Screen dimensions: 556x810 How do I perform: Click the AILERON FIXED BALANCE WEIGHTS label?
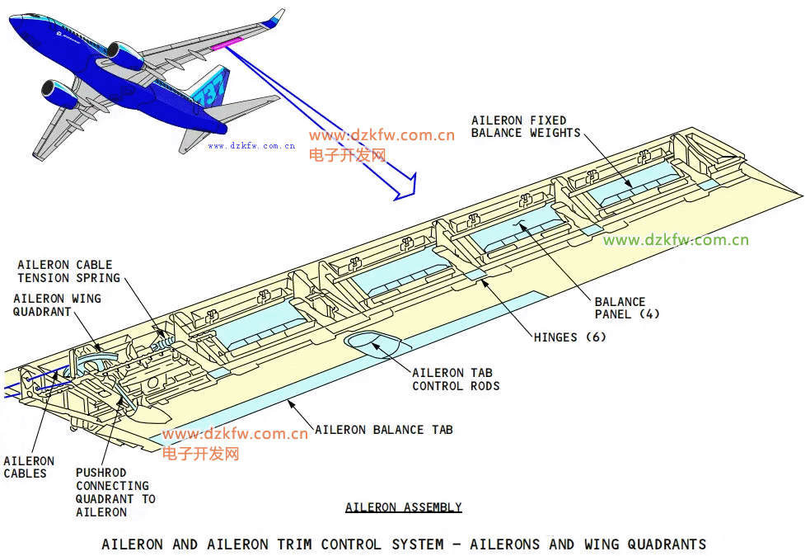tap(525, 127)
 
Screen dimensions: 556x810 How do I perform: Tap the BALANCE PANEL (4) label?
tap(626, 308)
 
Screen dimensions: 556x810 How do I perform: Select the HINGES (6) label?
tap(569, 337)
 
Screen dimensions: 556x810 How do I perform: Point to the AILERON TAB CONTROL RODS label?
tap(456, 379)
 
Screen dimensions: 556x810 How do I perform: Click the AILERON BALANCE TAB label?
tap(383, 430)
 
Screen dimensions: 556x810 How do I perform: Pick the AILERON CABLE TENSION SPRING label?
tap(68, 271)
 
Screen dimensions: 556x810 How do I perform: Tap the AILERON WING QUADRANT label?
tap(57, 305)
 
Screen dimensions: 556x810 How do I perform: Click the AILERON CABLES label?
tap(29, 467)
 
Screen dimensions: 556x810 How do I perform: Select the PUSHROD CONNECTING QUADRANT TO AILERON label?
tap(115, 492)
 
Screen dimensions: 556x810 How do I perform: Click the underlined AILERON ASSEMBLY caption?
tap(403, 507)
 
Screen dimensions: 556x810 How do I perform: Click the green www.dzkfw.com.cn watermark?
tap(676, 240)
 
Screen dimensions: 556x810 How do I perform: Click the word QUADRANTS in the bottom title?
tap(667, 544)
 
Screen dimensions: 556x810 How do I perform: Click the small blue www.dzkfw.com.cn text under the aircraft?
tap(251, 145)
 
